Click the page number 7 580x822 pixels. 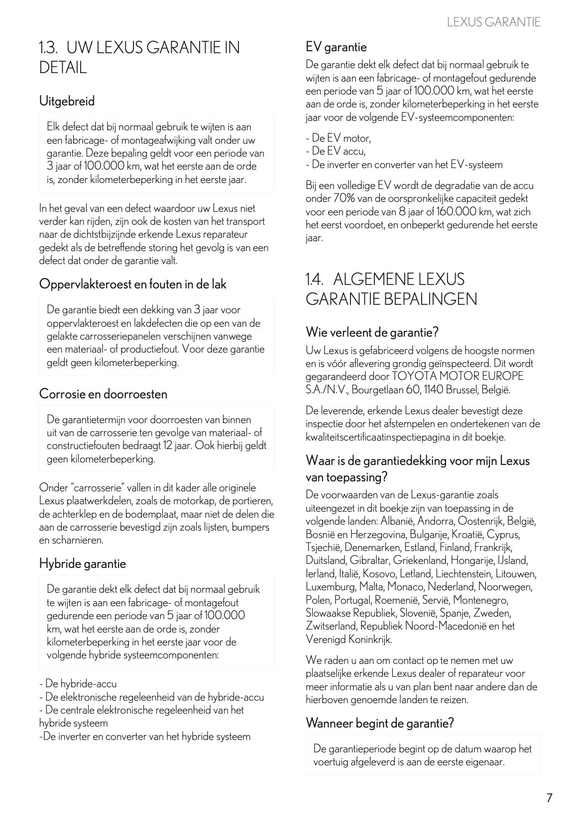pos(549,798)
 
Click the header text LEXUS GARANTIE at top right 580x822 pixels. pos(493,22)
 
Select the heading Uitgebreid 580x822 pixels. pos(67,101)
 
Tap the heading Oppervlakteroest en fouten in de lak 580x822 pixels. pos(132,284)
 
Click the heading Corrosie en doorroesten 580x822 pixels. pos(103,394)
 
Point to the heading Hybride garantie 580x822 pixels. pos(83,563)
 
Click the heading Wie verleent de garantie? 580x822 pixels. pos(372,331)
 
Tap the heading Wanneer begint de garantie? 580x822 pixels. pos(380,723)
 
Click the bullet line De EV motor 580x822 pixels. pos(339,138)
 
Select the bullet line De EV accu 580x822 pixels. pos(336,151)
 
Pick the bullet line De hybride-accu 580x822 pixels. pos(78,684)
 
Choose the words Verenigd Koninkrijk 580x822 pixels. pos(348,639)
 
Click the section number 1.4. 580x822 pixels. pos(315,278)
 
